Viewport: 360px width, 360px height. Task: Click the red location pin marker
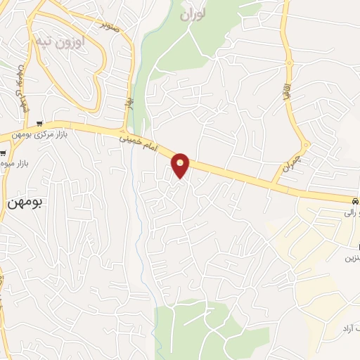181,165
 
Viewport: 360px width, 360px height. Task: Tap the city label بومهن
25,202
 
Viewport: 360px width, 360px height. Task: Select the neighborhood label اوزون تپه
60,42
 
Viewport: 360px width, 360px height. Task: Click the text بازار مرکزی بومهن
44,134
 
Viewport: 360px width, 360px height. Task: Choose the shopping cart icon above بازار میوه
4,153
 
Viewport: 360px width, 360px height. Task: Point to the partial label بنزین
351,259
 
